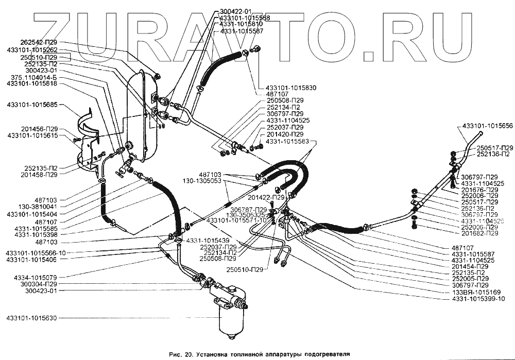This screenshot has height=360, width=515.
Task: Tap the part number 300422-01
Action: [235, 11]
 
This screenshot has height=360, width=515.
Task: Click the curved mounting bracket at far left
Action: [88, 139]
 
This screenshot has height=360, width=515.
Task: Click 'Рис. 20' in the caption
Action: [181, 354]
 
